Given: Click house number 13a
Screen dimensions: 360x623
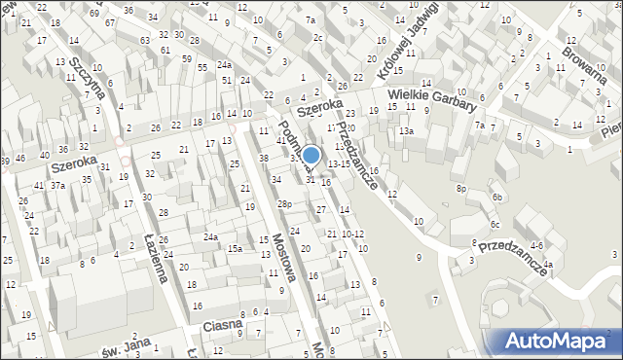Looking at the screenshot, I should (406, 130).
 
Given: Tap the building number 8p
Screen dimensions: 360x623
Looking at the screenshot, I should (462, 188).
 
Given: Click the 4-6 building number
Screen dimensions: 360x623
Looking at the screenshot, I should (536, 245).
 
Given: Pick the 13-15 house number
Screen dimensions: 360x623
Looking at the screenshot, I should (339, 163).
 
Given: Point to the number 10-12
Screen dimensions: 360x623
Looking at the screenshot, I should (352, 234).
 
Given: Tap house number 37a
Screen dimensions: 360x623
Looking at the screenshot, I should (58, 186).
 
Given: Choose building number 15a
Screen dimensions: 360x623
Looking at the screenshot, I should (235, 249).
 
